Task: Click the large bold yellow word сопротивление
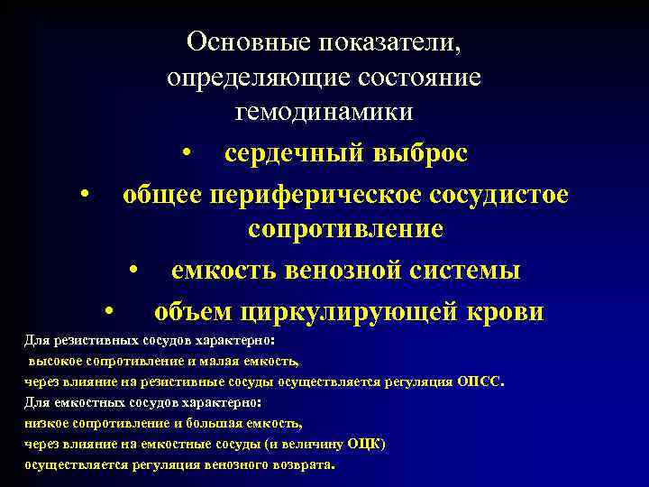tap(345, 229)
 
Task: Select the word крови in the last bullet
tap(508, 311)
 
